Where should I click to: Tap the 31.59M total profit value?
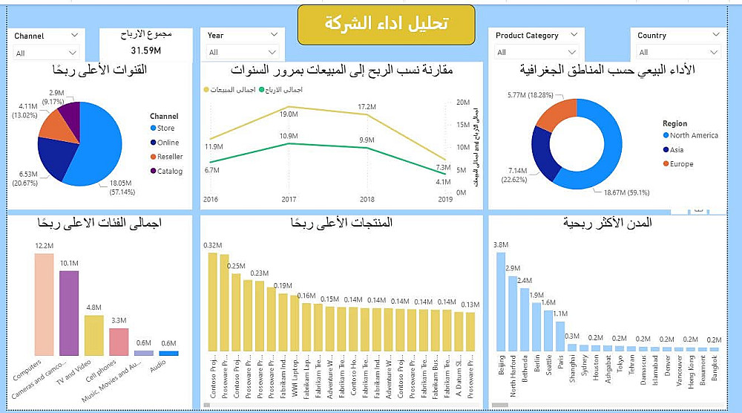pos(146,51)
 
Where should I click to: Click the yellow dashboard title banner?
pos(386,24)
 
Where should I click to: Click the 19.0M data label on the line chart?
pos(289,114)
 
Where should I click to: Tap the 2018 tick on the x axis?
pos(367,200)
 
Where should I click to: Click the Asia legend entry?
pos(677,149)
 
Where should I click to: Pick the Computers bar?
pos(44,305)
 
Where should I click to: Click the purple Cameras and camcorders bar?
pos(69,313)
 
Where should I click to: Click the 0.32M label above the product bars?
pos(212,245)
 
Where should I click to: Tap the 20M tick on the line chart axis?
pos(461,103)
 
